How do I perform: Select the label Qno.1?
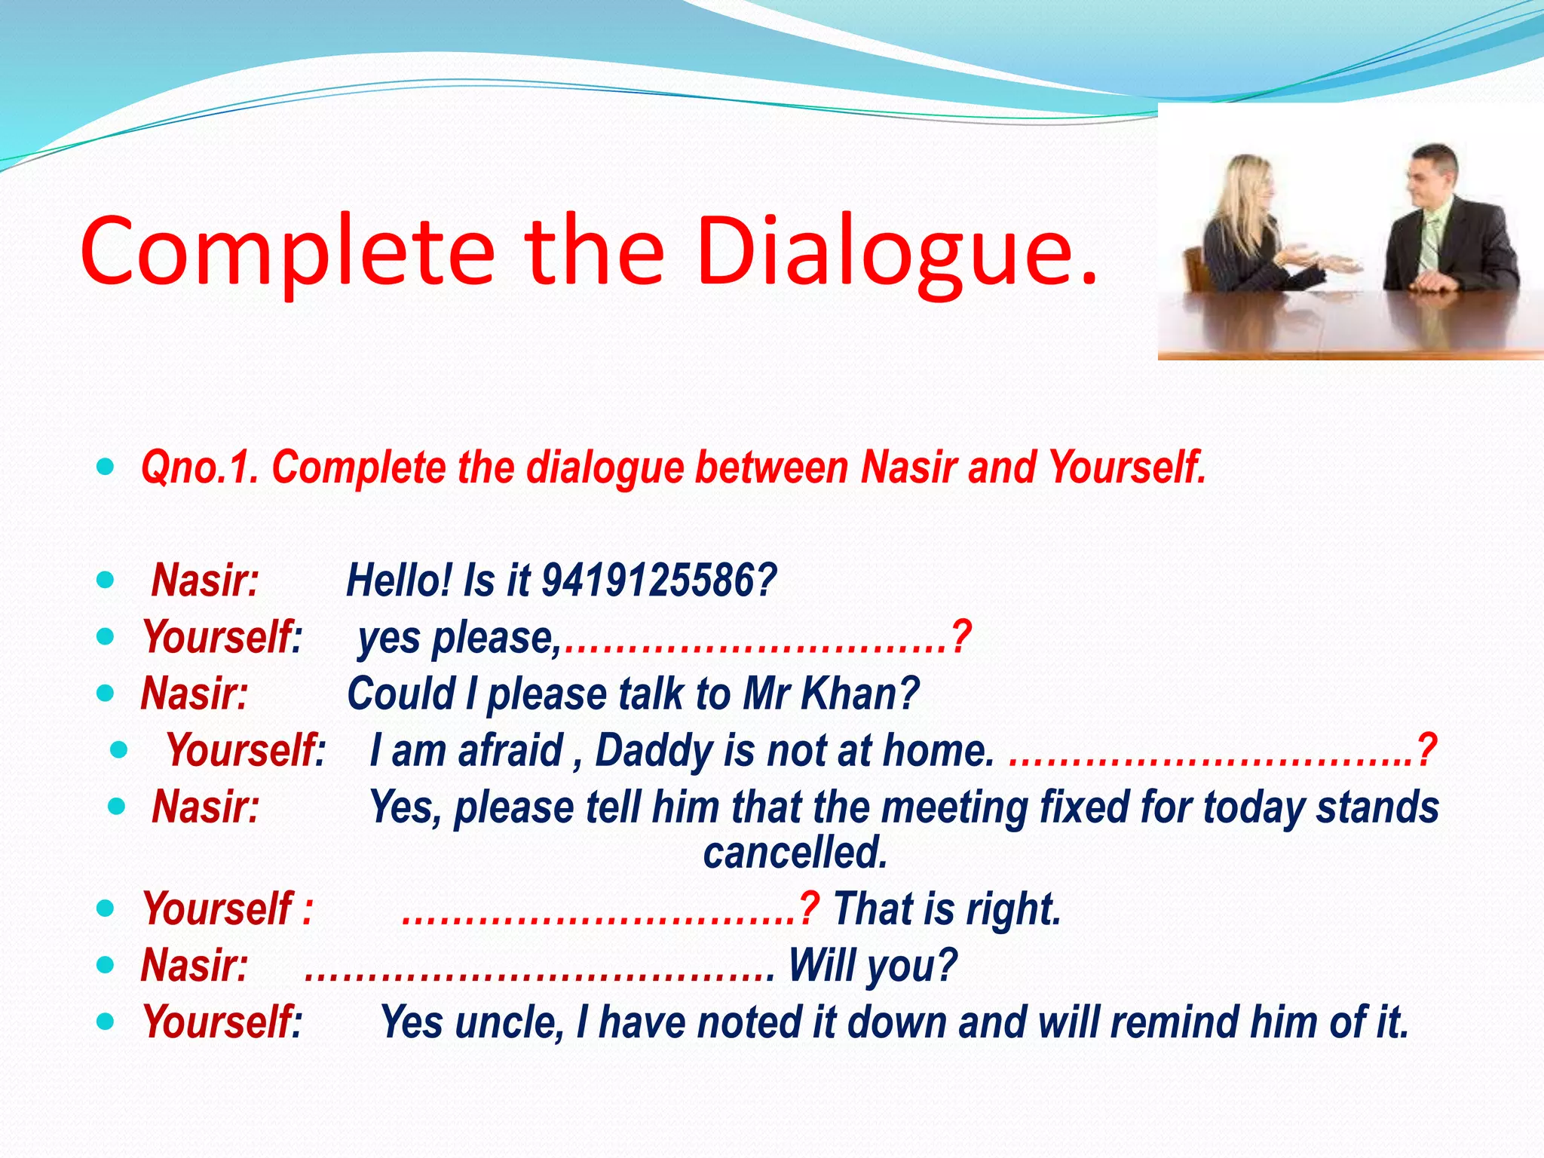[x=201, y=467]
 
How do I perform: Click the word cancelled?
[x=795, y=853]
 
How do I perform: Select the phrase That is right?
[x=947, y=909]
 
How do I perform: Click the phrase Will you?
[x=872, y=966]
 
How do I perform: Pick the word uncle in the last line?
[x=508, y=1022]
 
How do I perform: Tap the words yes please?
[x=457, y=638]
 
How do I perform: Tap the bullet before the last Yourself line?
[x=106, y=1022]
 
